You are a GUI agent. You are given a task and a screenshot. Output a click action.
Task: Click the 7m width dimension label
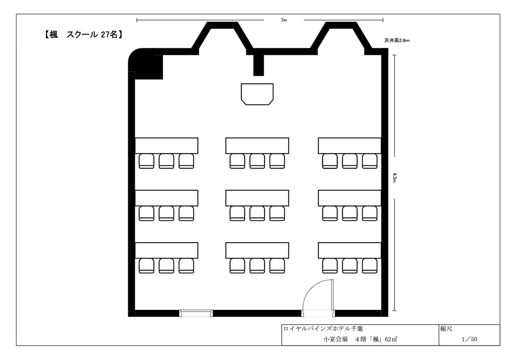tap(284, 20)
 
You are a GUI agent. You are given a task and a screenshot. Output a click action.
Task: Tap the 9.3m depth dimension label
tap(394, 177)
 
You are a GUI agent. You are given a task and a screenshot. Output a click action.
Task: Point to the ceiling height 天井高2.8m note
tap(397, 41)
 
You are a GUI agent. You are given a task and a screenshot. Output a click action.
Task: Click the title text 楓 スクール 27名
tap(83, 35)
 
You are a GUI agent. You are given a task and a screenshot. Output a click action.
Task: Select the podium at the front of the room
tap(257, 94)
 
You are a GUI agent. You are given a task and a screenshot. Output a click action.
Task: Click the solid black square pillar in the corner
tap(149, 67)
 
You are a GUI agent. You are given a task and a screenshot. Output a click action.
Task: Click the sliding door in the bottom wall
tap(196, 313)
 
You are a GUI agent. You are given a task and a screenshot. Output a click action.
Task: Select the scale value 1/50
tap(469, 339)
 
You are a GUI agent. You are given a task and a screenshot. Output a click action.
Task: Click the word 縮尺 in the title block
tap(446, 329)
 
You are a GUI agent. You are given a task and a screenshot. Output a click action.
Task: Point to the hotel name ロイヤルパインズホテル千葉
tap(323, 329)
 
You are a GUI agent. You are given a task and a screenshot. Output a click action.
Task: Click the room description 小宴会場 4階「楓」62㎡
tap(360, 339)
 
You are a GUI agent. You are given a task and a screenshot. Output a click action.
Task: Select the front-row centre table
tap(257, 146)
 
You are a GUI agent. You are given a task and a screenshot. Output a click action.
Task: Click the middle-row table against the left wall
tap(166, 198)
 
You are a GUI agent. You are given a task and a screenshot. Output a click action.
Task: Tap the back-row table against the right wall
tap(350, 250)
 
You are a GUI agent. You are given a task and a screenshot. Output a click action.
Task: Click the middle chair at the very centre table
tap(257, 213)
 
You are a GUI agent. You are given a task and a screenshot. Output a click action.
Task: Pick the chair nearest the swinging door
tap(330, 266)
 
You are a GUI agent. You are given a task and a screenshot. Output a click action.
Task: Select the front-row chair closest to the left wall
tap(147, 161)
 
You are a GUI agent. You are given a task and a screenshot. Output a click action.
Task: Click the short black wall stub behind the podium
tap(258, 65)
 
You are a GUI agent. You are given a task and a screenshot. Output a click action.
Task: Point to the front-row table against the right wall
tap(350, 146)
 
